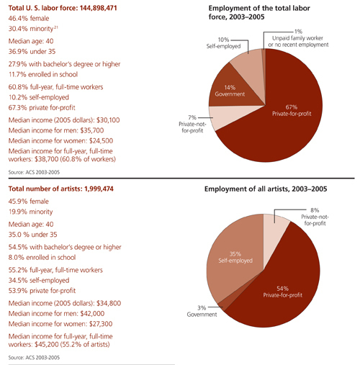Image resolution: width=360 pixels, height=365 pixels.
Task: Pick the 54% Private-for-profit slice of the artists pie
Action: tap(283, 288)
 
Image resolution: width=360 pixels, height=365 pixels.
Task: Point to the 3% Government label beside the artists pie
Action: tap(202, 311)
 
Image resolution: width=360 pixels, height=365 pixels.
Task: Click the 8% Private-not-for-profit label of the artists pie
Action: tap(315, 217)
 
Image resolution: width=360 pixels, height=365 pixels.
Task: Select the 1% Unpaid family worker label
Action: tap(298, 38)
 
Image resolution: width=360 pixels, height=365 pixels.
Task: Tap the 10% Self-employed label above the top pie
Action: tap(223, 43)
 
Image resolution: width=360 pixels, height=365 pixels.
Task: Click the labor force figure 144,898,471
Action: tap(99, 8)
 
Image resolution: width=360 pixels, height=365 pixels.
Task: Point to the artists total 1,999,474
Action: tap(99, 189)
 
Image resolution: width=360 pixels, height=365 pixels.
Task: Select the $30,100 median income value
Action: tap(107, 120)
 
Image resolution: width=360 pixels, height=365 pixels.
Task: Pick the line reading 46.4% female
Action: tap(29, 19)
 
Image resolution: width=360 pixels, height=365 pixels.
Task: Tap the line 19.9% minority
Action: tap(30, 212)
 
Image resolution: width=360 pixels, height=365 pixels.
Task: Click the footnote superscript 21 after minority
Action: tap(56, 27)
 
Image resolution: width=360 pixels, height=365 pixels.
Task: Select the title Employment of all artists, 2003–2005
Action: tap(266, 189)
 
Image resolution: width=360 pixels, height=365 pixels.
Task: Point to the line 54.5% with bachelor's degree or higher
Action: tap(65, 247)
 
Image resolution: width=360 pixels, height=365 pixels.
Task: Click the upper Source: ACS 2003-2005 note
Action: tap(34, 172)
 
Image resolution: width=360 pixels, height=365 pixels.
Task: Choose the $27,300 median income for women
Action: tap(101, 324)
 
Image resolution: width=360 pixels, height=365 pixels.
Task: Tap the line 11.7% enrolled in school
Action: tap(43, 74)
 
